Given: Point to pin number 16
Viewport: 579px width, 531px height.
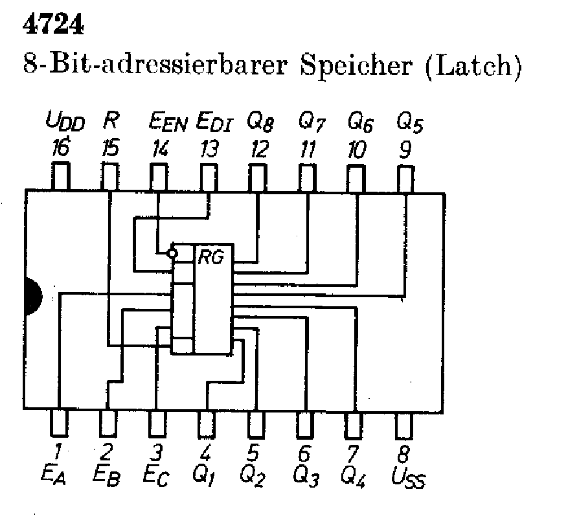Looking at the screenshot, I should click(60, 150).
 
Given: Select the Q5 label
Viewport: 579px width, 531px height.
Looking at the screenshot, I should click(409, 122).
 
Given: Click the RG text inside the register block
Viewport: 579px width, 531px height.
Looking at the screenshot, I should click(210, 258).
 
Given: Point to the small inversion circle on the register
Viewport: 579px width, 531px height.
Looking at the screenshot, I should click(172, 251).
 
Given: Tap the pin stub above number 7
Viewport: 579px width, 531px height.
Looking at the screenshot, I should click(354, 425).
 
